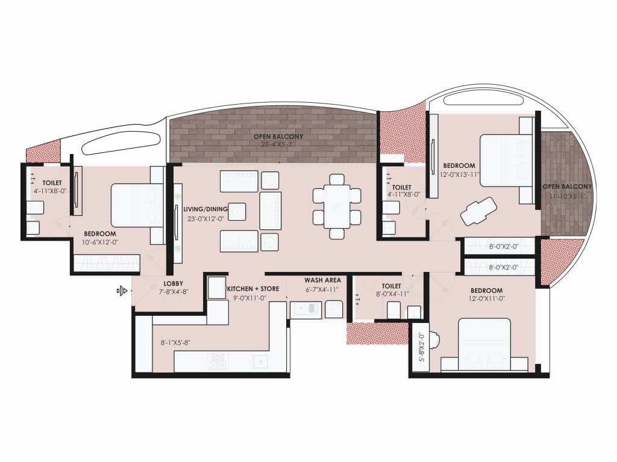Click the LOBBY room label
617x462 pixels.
[173, 283]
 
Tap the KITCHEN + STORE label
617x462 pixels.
[253, 289]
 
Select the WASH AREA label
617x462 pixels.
[323, 280]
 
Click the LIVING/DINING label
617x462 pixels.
[205, 209]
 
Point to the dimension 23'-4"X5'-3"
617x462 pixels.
[278, 144]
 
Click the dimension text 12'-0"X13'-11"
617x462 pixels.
[459, 174]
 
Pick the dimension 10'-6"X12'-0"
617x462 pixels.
[100, 242]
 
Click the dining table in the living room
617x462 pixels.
[337, 206]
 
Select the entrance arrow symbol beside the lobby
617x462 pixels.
[122, 291]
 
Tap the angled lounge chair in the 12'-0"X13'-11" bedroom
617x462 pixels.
[478, 211]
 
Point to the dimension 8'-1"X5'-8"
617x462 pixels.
[175, 342]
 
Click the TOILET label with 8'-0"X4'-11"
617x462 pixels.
[391, 286]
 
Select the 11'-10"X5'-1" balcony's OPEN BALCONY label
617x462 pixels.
[567, 186]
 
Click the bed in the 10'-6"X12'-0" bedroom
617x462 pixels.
[137, 205]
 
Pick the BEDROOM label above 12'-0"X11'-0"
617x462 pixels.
[487, 291]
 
